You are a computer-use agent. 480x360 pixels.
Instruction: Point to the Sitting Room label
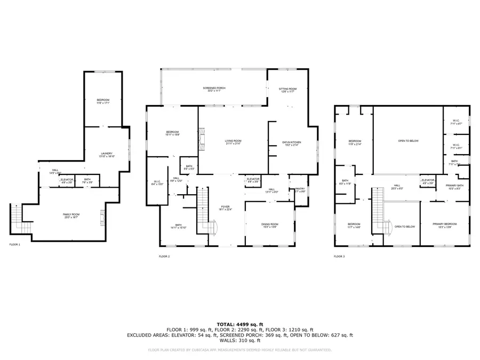pos(287,90)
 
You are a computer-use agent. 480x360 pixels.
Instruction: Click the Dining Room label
pos(270,226)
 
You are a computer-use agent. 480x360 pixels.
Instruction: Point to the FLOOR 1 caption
pos(15,245)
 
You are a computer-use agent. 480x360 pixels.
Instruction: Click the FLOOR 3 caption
pos(339,257)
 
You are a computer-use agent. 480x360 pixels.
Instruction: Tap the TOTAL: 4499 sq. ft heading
pos(239,324)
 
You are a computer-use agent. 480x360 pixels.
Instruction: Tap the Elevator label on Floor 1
pos(67,180)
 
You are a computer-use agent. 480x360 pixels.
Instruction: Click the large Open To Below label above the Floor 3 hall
pos(408,141)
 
